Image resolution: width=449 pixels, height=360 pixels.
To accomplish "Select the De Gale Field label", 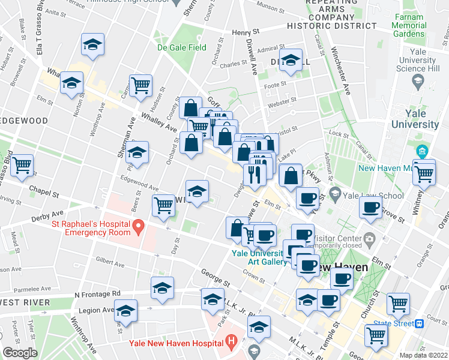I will pyautogui.click(x=181, y=47).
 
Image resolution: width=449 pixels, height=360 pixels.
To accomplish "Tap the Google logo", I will pyautogui.click(x=20, y=353).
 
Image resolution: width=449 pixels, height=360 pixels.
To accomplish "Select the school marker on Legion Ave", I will pyautogui.click(x=125, y=311).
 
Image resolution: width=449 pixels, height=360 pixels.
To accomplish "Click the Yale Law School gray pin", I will pyautogui.click(x=335, y=194).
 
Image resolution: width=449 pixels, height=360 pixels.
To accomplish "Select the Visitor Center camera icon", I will pyautogui.click(x=370, y=239).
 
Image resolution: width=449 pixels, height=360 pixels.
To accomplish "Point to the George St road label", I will pyautogui.click(x=215, y=277).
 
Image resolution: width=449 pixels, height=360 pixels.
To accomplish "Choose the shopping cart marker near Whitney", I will pyautogui.click(x=424, y=174).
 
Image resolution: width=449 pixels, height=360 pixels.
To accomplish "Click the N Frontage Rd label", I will pyautogui.click(x=97, y=294).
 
